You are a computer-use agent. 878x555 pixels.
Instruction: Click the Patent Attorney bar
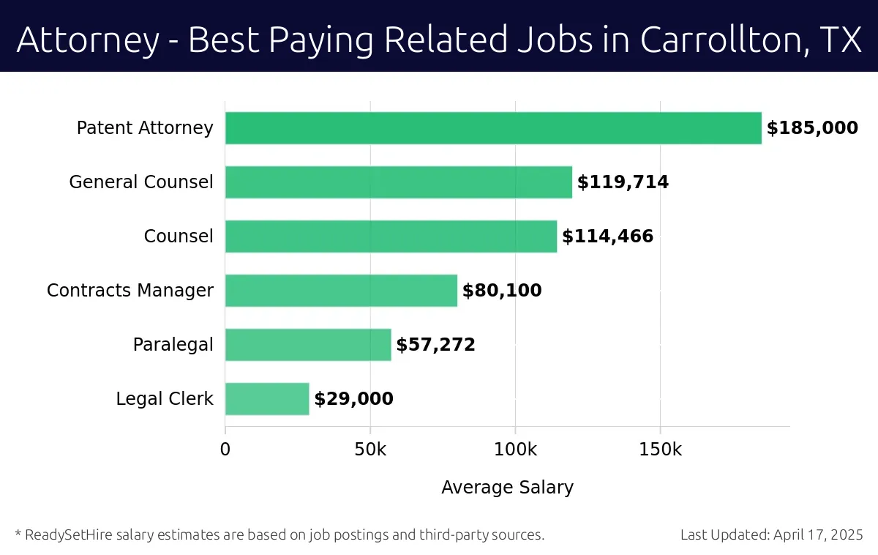click(x=493, y=128)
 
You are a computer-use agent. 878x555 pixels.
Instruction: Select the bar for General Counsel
click(x=399, y=182)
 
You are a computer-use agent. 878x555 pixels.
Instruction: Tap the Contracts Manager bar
click(x=341, y=291)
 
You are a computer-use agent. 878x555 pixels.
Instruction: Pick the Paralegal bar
click(x=308, y=345)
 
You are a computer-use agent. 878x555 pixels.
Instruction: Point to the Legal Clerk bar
click(x=267, y=399)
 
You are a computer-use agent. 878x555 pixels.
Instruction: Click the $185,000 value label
click(x=812, y=128)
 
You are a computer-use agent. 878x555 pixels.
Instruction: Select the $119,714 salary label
click(x=623, y=182)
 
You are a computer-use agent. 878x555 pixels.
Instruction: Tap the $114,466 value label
click(x=607, y=236)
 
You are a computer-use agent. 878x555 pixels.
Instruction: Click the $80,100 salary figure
click(x=502, y=291)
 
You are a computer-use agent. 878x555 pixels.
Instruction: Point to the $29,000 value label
click(x=353, y=399)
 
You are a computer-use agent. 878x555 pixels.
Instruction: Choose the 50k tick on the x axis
click(x=370, y=449)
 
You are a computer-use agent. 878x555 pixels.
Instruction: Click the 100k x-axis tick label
click(x=515, y=449)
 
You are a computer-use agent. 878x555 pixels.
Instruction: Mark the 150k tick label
click(x=661, y=449)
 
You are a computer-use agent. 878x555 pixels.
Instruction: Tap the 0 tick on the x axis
click(x=225, y=449)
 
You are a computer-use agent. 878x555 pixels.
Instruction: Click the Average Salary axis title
click(x=507, y=488)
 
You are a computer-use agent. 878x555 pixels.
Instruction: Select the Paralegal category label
click(x=173, y=345)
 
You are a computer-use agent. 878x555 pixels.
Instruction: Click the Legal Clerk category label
click(x=165, y=399)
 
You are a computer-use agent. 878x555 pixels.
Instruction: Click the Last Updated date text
click(x=772, y=534)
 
